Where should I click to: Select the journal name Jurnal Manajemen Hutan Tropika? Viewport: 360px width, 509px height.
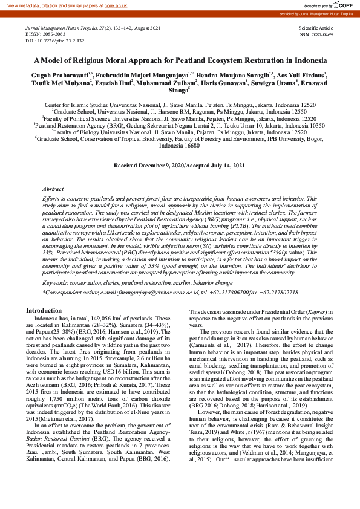click(x=57, y=28)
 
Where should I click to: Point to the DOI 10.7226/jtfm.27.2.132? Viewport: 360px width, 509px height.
click(x=63, y=41)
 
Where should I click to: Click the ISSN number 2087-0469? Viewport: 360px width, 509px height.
click(x=322, y=34)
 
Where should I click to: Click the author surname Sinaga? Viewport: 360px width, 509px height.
click(x=177, y=91)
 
